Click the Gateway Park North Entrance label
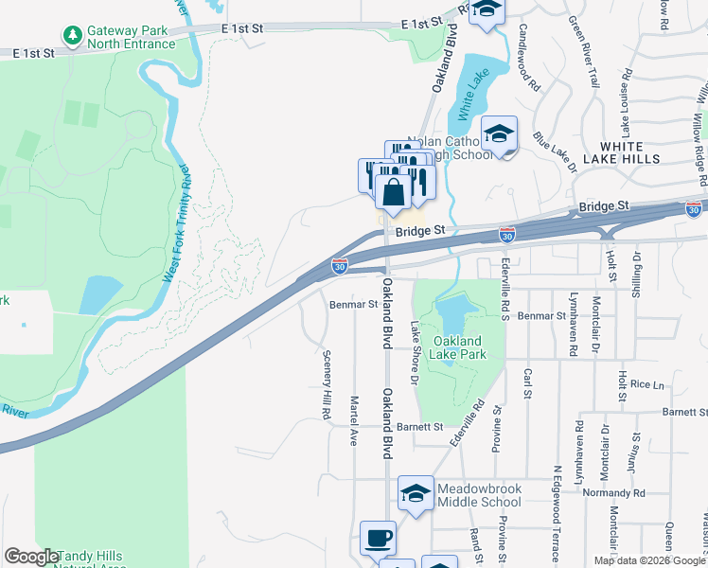131,37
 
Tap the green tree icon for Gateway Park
73,35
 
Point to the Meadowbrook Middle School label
479,495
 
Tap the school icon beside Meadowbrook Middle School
415,493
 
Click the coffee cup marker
379,538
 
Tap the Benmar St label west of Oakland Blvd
354,305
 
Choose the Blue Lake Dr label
555,151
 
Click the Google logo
31,557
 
